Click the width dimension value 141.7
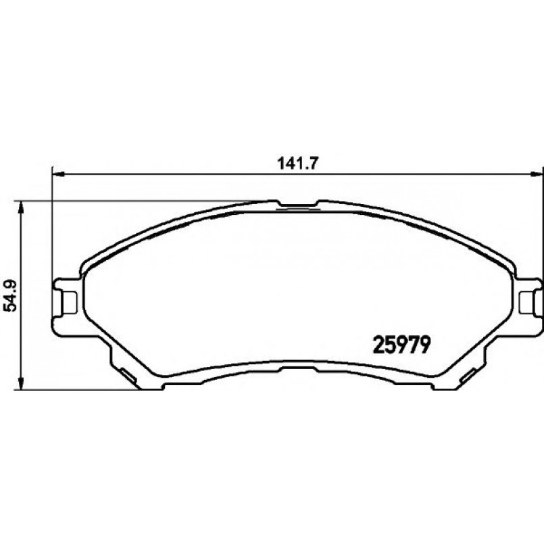(298, 164)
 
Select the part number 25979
(403, 346)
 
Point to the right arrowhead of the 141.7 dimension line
(539, 175)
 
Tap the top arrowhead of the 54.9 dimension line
(22, 206)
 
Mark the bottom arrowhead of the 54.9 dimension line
(22, 385)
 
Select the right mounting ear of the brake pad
(529, 297)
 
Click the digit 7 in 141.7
(314, 164)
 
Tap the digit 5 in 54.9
(9, 308)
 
